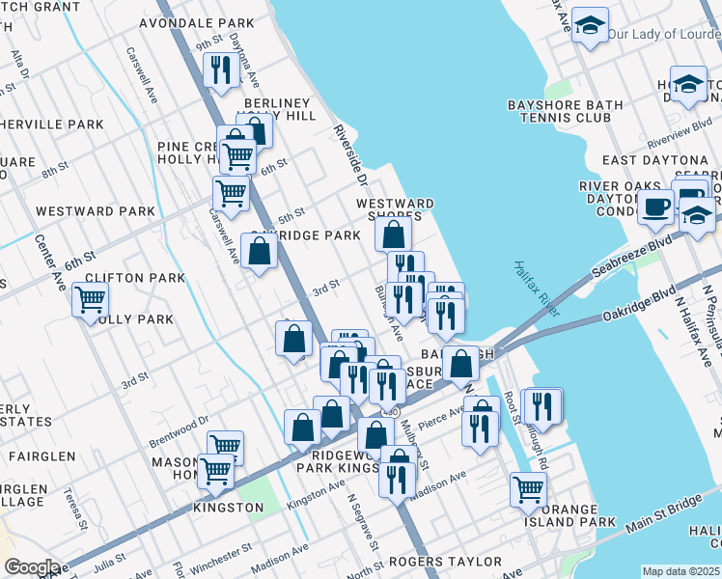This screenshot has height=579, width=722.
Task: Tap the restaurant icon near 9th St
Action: [x=220, y=69]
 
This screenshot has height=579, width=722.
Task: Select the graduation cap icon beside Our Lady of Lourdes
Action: [x=589, y=26]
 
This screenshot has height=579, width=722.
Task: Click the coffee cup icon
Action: [x=655, y=206]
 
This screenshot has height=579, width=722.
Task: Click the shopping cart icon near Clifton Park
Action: [x=90, y=300]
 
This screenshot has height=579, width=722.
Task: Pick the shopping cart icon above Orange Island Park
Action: [x=528, y=488]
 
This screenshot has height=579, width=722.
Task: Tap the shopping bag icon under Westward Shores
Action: [x=394, y=233]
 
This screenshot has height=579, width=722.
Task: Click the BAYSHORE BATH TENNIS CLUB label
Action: [x=560, y=111]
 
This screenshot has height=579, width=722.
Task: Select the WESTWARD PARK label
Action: [x=95, y=210]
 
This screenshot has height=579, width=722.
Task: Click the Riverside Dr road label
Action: [x=350, y=154]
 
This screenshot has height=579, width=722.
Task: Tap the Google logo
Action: [x=31, y=566]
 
